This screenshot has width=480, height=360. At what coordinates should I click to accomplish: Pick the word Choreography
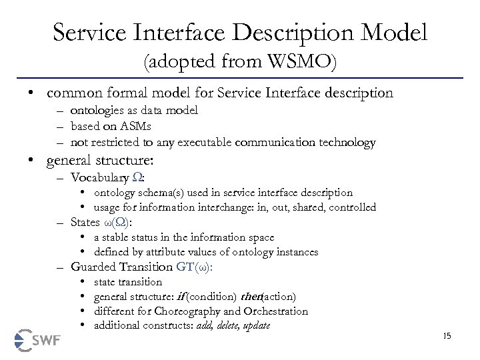184,311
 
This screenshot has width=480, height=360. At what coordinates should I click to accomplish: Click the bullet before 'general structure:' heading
31,160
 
